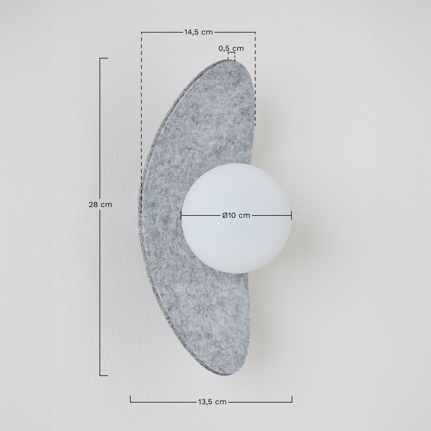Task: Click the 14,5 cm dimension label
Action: [x=198, y=32]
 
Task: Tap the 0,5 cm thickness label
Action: [x=231, y=48]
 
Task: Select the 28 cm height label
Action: [x=100, y=205]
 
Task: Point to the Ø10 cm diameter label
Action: [x=236, y=215]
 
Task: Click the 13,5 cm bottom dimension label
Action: [x=212, y=402]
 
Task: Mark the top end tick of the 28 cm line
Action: [x=103, y=58]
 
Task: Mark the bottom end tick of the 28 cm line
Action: [x=103, y=376]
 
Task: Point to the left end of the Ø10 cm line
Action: [x=181, y=215]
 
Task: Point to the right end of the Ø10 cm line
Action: [x=291, y=215]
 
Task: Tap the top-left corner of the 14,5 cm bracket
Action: [x=141, y=32]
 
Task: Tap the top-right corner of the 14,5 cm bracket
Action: [x=255, y=32]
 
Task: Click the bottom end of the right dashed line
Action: [x=255, y=126]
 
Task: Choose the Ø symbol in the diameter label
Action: [x=225, y=215]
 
